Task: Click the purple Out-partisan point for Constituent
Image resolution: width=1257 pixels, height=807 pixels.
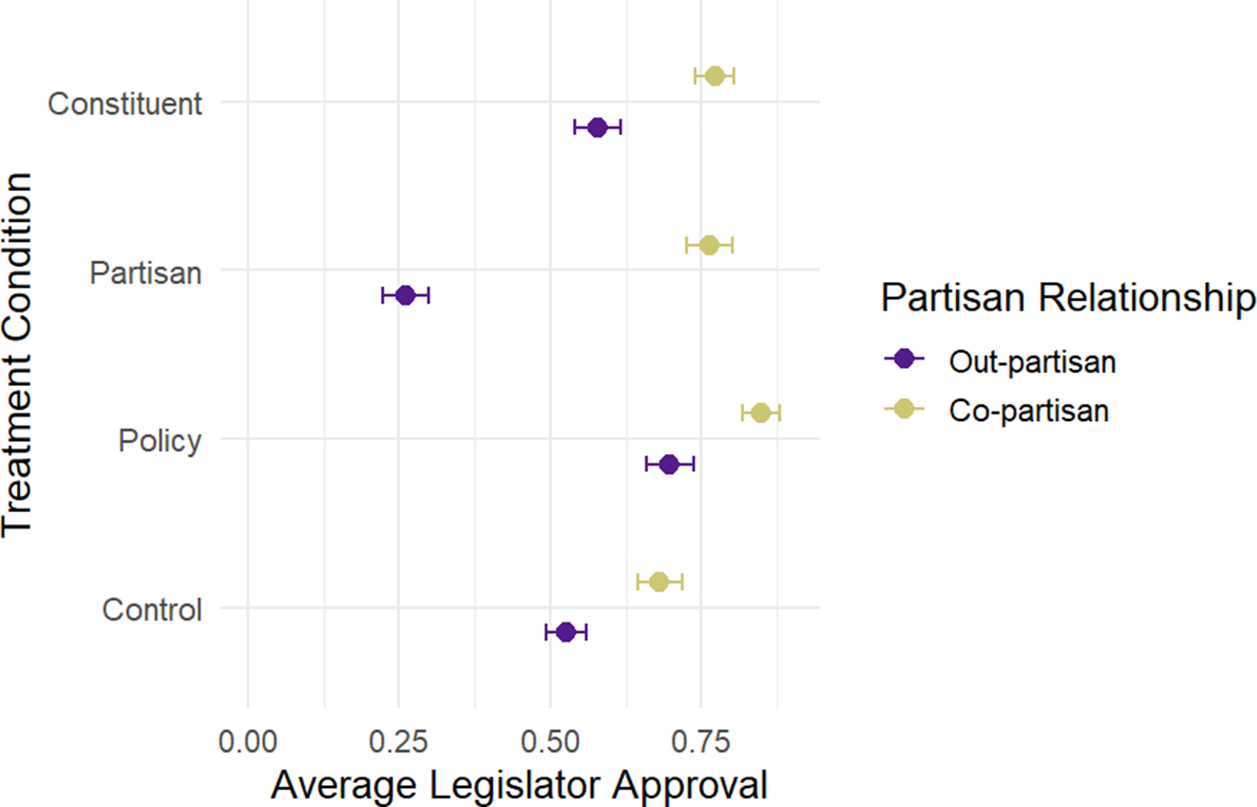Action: coord(597,127)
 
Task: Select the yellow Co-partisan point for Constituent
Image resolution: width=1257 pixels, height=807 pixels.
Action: coord(714,76)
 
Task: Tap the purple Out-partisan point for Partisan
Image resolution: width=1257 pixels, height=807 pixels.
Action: coord(406,295)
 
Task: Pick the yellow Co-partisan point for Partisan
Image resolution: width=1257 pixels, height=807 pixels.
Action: coord(709,245)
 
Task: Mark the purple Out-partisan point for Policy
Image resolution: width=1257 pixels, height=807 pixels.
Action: coord(669,464)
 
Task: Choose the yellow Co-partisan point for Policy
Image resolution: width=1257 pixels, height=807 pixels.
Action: coord(760,412)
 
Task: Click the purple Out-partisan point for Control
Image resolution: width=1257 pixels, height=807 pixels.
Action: coord(566,632)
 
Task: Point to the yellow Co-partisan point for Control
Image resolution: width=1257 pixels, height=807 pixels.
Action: coord(659,581)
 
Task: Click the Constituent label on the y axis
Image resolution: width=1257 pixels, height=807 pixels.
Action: coord(125,102)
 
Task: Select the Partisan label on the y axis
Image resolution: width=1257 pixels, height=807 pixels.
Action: coord(146,272)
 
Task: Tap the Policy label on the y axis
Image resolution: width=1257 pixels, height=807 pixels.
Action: coord(160,441)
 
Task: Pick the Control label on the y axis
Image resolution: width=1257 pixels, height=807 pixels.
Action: coord(152,610)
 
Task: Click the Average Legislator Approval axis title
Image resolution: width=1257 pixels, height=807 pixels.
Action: coord(518,784)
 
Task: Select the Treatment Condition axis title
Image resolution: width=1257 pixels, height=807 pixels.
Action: coord(19,355)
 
